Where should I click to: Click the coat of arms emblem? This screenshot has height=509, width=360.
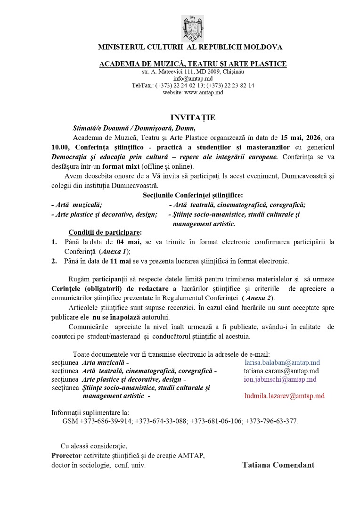[x=193, y=28]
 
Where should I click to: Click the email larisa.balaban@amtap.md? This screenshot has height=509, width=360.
[x=282, y=362]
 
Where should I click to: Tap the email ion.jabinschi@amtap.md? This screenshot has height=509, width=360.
[x=280, y=379]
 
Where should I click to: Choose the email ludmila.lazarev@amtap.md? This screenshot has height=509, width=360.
[x=284, y=396]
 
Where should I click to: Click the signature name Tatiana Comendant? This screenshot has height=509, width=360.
[x=278, y=465]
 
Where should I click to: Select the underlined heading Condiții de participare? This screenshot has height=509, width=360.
[x=105, y=232]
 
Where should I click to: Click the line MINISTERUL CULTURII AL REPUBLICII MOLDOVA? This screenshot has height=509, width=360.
[x=190, y=47]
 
